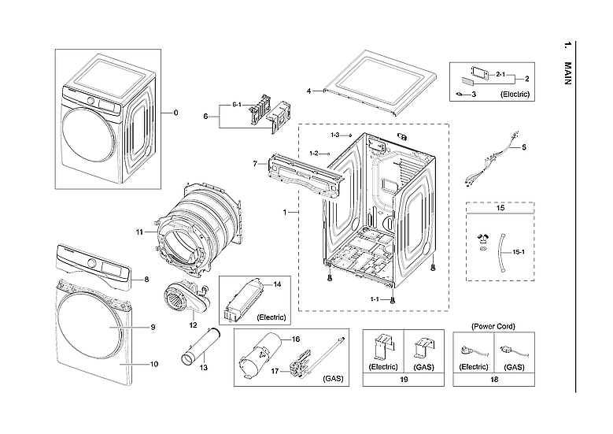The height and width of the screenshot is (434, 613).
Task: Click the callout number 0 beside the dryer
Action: pyautogui.click(x=175, y=113)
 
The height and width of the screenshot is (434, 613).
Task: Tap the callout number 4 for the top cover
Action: pyautogui.click(x=309, y=91)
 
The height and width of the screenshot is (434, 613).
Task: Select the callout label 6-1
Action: pyautogui.click(x=237, y=105)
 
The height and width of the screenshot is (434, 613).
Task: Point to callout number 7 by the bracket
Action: pyautogui.click(x=255, y=163)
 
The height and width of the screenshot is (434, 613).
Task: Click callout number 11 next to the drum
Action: pyautogui.click(x=139, y=232)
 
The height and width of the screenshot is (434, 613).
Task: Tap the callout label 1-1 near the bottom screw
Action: pyautogui.click(x=375, y=299)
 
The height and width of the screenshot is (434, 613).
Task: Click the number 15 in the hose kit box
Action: pyautogui.click(x=501, y=210)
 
